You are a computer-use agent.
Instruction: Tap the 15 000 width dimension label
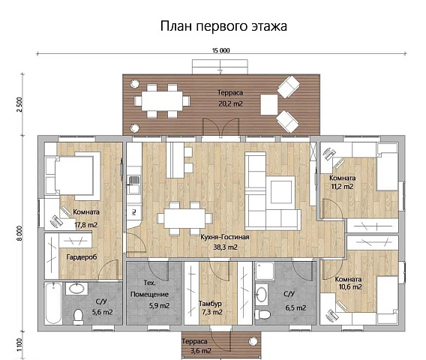pyautogui.click(x=221, y=50)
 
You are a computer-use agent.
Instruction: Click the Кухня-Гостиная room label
pyautogui.click(x=219, y=235)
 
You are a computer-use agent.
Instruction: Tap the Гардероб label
pyautogui.click(x=81, y=256)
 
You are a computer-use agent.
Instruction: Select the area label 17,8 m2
pyautogui.click(x=86, y=222)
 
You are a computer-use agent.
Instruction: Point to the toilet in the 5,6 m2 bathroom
pyautogui.click(x=78, y=317)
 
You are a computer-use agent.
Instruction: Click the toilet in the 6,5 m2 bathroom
pyautogui.click(x=262, y=313)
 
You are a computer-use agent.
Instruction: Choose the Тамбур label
pyautogui.click(x=209, y=302)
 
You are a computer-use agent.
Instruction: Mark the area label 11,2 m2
pyautogui.click(x=341, y=187)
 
